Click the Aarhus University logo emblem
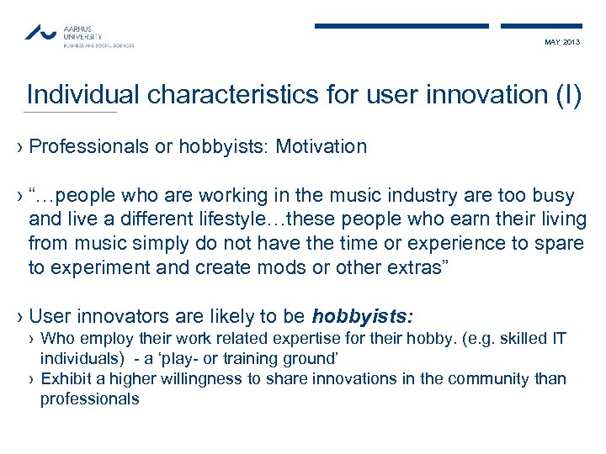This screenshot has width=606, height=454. tap(41, 33)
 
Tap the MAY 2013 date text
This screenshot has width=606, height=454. tap(562, 43)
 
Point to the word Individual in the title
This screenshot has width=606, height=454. tap(84, 95)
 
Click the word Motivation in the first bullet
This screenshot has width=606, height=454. tap(322, 147)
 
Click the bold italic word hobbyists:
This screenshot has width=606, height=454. tap(362, 317)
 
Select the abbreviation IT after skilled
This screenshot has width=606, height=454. tap(559, 339)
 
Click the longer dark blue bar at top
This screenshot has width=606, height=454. tap(401, 26)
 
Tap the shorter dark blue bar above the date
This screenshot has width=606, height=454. tap(540, 26)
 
